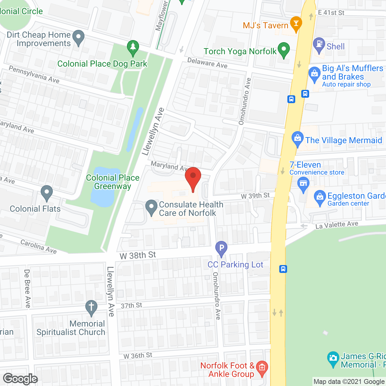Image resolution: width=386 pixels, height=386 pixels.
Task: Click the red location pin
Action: (193, 178)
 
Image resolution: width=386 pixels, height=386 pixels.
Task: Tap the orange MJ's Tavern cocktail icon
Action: (296, 24)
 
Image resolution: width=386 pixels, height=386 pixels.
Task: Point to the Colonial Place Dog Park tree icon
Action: (133, 48)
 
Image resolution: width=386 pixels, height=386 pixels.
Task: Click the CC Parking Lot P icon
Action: (221, 248)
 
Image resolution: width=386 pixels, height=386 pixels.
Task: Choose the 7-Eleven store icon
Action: (303, 184)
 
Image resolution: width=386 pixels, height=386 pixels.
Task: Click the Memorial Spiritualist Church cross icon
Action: (91, 307)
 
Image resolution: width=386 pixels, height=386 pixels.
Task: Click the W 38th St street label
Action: (138, 255)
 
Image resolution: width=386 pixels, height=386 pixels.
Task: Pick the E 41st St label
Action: (331, 13)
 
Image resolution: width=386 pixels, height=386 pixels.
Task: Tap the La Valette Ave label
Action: (337, 225)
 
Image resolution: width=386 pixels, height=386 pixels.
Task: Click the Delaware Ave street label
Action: (207, 63)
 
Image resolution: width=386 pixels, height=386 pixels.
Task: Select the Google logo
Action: (21, 379)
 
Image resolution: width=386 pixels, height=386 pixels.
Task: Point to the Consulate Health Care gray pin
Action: (151, 207)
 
